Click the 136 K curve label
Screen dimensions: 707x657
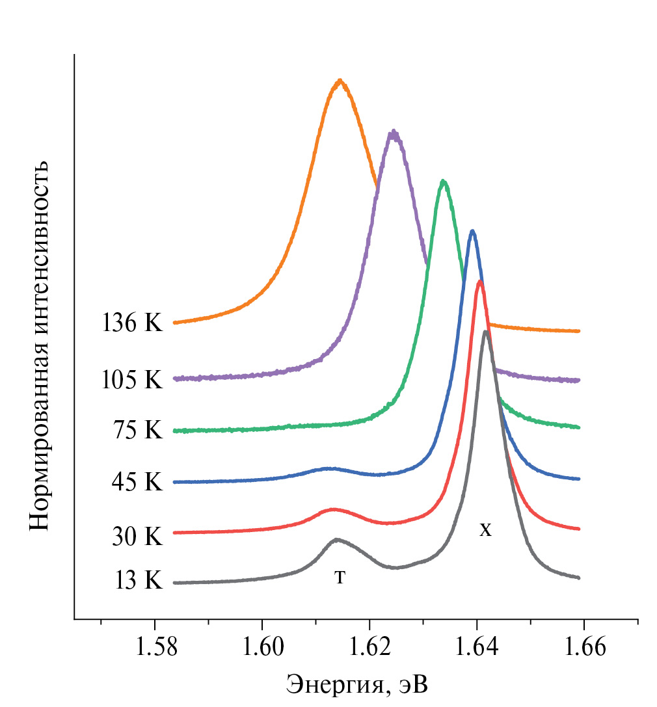[131, 323]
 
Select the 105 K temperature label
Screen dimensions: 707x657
[131, 380]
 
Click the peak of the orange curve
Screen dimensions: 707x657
[340, 81]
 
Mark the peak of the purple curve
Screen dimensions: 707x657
[393, 132]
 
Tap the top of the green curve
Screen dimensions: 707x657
[444, 181]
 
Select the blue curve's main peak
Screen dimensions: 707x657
[472, 231]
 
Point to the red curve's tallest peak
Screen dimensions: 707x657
[479, 281]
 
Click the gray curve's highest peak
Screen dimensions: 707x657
[485, 332]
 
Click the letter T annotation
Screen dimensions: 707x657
[340, 577]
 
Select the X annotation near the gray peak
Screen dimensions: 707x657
[485, 531]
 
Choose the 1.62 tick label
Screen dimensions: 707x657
[369, 648]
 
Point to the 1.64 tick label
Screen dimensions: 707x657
[476, 648]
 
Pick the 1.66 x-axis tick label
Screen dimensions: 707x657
[583, 648]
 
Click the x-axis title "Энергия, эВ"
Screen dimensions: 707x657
[357, 684]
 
